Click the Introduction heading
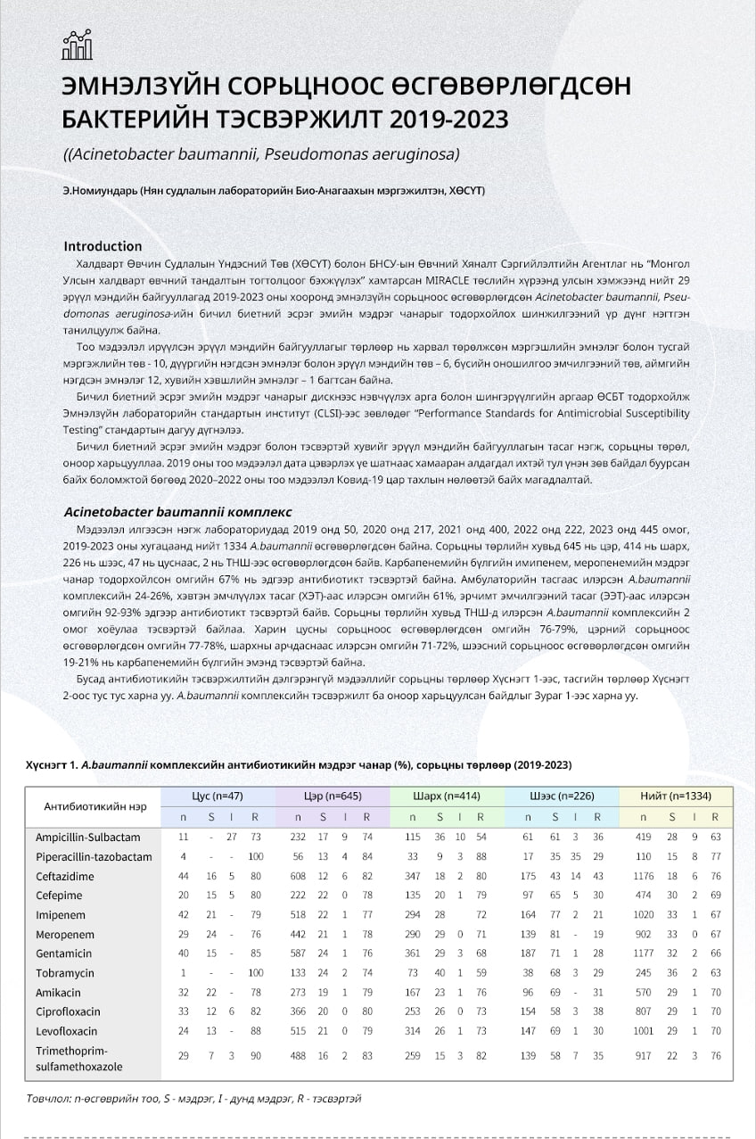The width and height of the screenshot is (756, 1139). (x=103, y=246)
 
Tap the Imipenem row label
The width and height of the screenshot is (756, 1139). (x=59, y=915)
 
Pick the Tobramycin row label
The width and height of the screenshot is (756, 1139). (x=64, y=973)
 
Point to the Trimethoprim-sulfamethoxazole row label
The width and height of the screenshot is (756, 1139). (x=78, y=1057)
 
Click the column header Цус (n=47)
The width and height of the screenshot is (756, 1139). (x=218, y=795)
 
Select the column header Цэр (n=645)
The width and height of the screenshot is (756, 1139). (x=333, y=795)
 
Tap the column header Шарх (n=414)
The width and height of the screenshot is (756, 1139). (x=447, y=795)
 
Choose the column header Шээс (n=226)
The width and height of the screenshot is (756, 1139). (x=561, y=795)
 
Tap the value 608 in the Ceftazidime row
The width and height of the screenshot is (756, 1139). (x=300, y=877)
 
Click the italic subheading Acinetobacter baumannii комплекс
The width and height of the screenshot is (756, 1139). (x=177, y=512)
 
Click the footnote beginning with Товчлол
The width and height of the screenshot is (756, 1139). (x=193, y=1099)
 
